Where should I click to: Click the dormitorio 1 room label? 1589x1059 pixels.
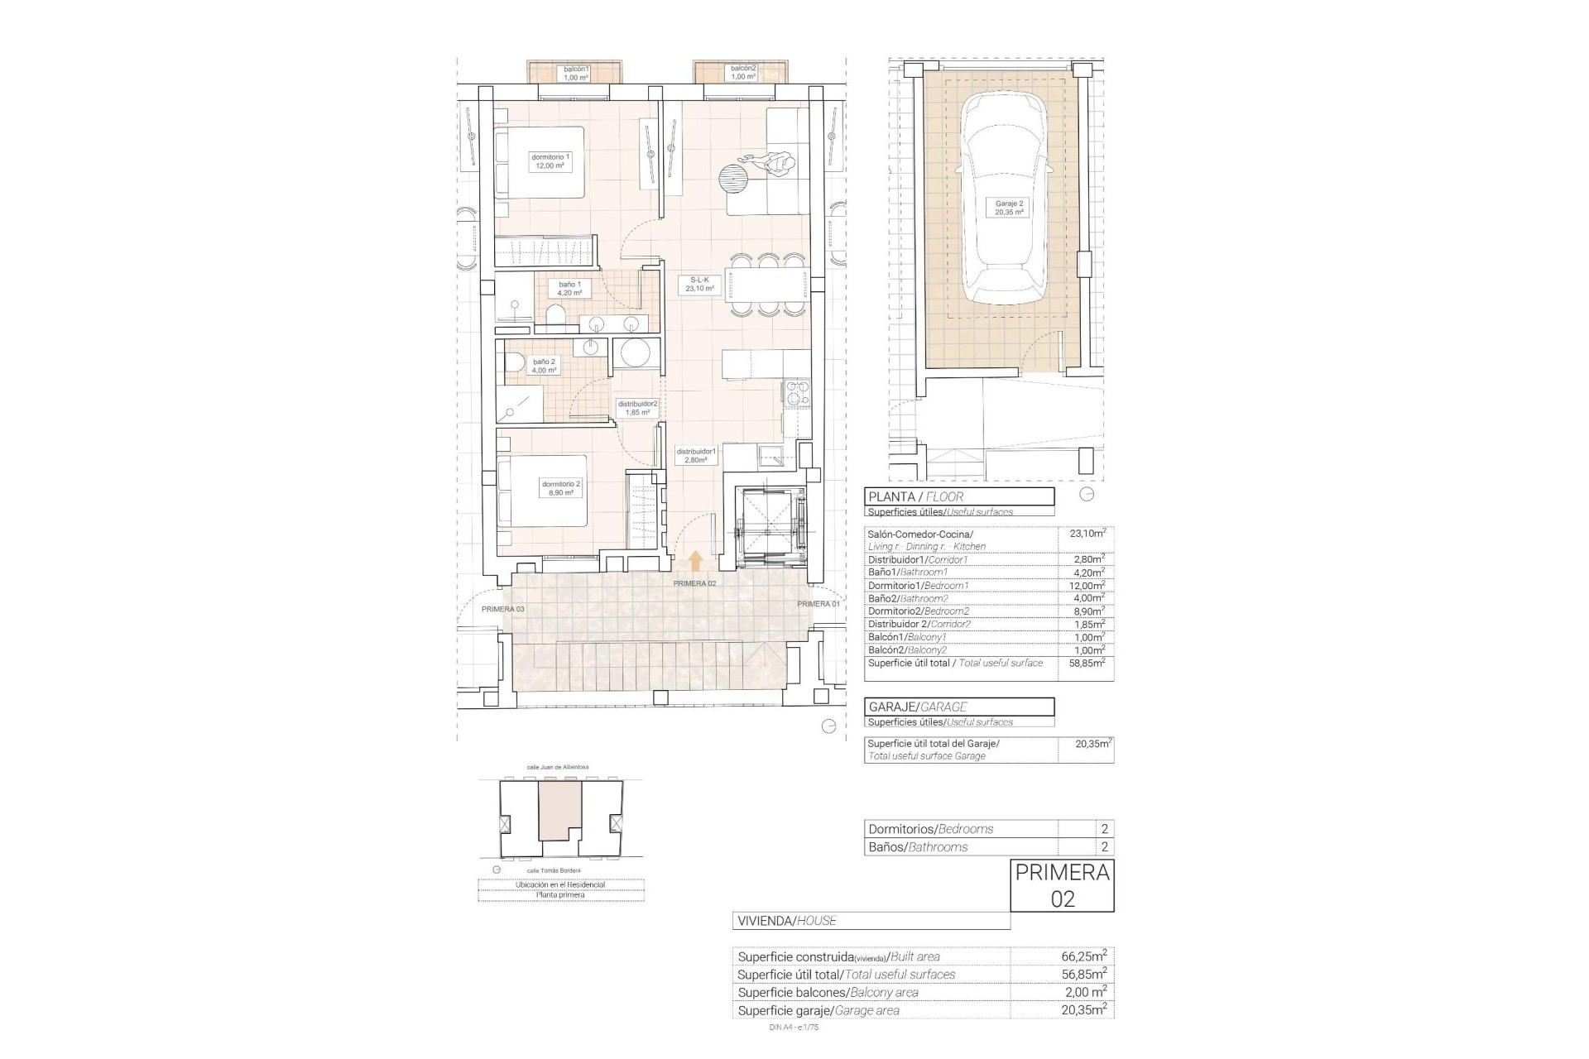pyautogui.click(x=550, y=161)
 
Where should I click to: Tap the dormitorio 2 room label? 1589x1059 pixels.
pyautogui.click(x=561, y=488)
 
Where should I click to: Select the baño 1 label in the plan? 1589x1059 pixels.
pyautogui.click(x=569, y=288)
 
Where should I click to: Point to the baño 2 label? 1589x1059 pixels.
pyautogui.click(x=544, y=366)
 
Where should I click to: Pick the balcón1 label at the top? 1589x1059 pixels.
pyautogui.click(x=575, y=73)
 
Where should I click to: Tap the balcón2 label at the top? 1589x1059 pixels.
pyautogui.click(x=742, y=73)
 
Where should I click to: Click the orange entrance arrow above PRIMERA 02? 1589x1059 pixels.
pyautogui.click(x=695, y=561)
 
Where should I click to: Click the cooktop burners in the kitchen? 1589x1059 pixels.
pyautogui.click(x=796, y=394)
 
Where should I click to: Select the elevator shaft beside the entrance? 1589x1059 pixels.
pyautogui.click(x=771, y=525)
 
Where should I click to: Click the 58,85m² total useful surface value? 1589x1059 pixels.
pyautogui.click(x=1087, y=664)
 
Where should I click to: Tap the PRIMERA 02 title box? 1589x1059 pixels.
pyautogui.click(x=1062, y=885)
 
